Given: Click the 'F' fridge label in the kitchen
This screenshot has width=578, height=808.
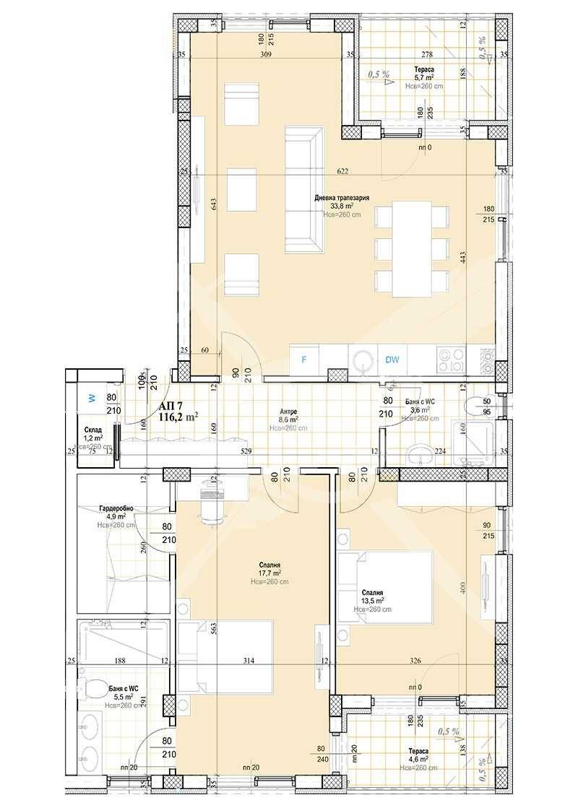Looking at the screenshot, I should (304, 359).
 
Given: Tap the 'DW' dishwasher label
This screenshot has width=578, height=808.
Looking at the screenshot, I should (392, 359).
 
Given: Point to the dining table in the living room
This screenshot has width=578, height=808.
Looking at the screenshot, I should (411, 248).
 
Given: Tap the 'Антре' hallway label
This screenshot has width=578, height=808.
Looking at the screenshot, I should (288, 411).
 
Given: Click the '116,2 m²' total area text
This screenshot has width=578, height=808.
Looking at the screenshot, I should (178, 417).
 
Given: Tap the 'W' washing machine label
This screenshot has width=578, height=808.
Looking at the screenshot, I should (91, 396).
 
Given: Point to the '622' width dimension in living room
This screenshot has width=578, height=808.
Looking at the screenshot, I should (342, 171).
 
